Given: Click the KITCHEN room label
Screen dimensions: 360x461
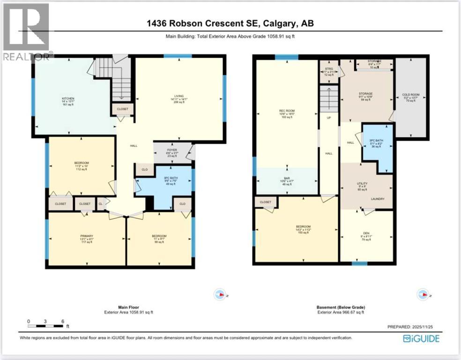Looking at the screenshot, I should coord(67,98).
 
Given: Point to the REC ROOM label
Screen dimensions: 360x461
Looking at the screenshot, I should coord(287,111).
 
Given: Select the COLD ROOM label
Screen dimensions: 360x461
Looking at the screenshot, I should coord(411,95).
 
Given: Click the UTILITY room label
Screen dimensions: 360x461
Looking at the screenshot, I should coord(366,184).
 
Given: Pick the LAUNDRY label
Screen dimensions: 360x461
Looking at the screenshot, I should coord(378,199).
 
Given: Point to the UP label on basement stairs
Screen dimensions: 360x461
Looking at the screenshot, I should coord(328,118).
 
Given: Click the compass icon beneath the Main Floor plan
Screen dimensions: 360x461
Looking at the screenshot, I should coord(219,294).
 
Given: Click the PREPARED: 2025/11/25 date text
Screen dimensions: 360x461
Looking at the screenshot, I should coord(412,327).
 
